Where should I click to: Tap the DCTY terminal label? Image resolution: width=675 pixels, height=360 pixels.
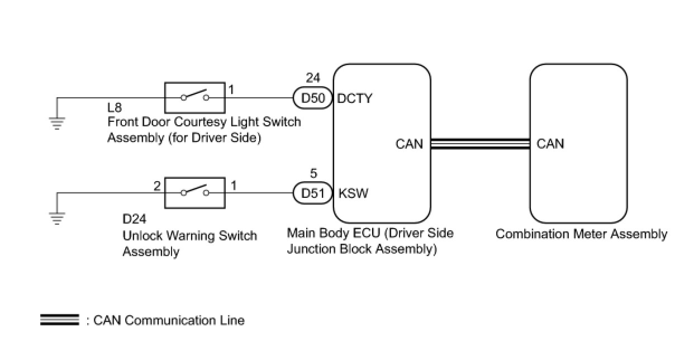pos(355,98)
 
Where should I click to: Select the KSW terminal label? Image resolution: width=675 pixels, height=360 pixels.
pos(353,193)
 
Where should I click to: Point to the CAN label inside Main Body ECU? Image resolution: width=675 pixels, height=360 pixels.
pos(409,144)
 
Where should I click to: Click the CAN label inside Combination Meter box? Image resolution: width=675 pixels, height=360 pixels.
pos(550,144)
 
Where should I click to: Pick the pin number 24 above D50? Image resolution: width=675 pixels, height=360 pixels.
pos(313,78)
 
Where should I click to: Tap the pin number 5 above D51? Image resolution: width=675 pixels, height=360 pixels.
pos(313,173)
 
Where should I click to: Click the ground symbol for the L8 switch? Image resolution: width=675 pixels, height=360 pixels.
pos(57,124)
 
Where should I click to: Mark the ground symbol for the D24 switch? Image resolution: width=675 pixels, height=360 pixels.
pos(57,219)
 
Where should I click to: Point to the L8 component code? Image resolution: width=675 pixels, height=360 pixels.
pos(115,108)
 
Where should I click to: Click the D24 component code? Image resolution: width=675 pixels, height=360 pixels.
pos(135,219)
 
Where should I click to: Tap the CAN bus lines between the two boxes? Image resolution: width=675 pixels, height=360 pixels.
pos(481,144)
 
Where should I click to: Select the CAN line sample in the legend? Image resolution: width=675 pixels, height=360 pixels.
pos(60,320)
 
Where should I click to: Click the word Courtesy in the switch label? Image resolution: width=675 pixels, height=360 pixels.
pos(200,122)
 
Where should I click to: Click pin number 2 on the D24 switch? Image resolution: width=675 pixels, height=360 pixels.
pos(157,186)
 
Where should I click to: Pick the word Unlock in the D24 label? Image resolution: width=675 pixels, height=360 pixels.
pos(142,235)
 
